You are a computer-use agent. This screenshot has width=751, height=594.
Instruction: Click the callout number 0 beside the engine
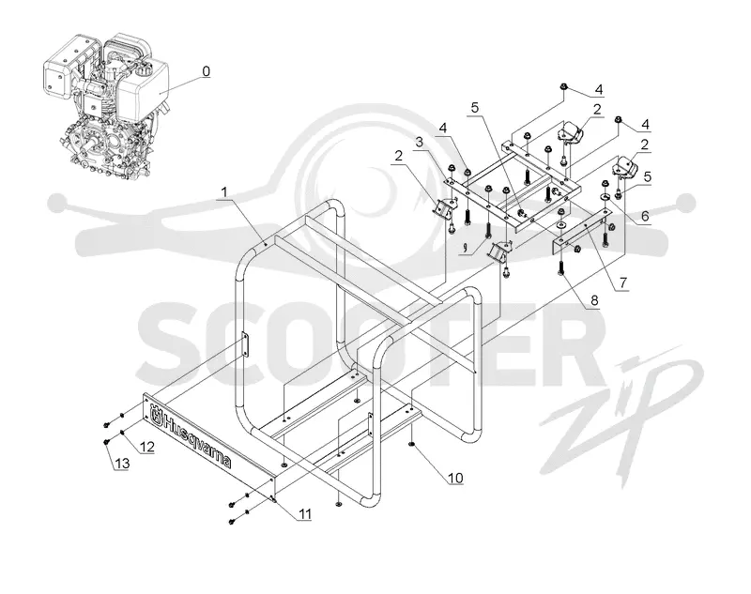206,71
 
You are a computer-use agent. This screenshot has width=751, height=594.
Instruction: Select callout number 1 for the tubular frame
223,192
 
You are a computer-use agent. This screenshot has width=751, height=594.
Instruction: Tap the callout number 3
420,142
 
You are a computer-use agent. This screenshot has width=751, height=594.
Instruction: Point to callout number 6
645,216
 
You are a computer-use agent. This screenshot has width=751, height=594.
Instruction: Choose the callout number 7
622,282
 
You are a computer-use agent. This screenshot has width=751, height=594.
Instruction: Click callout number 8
594,300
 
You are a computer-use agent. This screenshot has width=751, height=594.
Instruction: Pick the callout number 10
455,478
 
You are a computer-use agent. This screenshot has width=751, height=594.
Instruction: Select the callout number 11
305,514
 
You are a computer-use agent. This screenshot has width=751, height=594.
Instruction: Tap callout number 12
147,447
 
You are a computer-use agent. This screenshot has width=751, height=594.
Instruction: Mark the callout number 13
122,463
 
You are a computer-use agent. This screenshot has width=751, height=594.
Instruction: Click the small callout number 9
465,248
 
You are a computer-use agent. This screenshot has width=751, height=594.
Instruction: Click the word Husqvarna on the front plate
197,441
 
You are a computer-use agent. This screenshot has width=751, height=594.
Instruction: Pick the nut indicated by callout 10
411,445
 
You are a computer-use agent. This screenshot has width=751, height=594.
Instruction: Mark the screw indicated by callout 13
106,442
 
